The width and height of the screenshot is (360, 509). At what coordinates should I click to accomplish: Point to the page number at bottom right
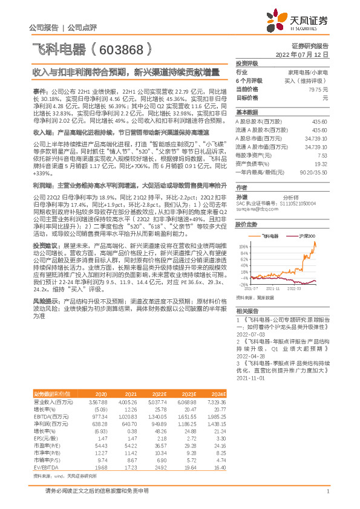click(x=327, y=499)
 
